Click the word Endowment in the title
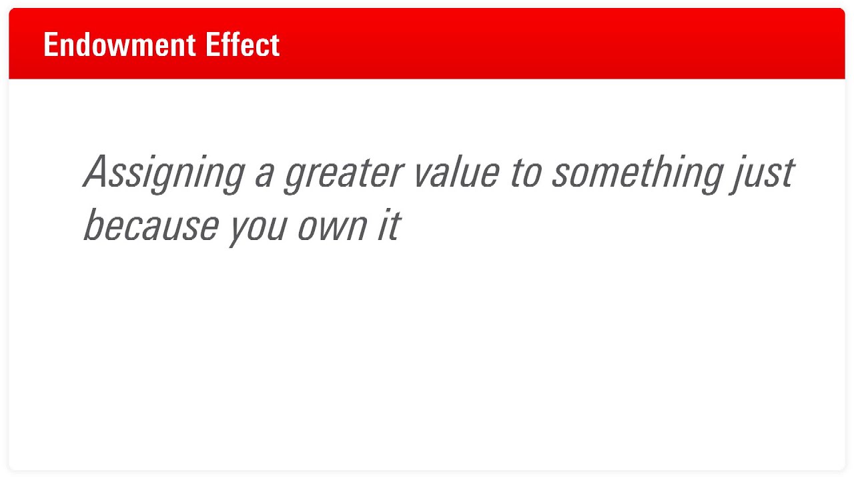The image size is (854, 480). pos(119,45)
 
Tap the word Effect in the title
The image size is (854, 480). pos(243,45)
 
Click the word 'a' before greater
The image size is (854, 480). pos(265,175)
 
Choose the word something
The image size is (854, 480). pos(638,173)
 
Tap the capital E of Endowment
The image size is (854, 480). pos(51,45)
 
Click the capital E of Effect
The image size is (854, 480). pos(213,45)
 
